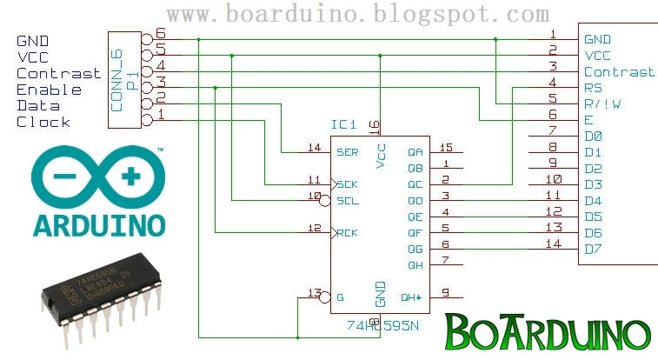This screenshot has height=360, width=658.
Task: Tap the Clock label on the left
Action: [43, 123]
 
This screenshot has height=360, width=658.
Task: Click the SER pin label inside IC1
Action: [347, 152]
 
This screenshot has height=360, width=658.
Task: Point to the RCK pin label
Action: [347, 233]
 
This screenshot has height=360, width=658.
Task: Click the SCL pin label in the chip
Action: [347, 201]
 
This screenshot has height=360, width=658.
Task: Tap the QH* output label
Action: [411, 297]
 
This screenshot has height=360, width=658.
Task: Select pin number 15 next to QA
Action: [447, 148]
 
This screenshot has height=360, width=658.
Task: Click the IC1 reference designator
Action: [345, 126]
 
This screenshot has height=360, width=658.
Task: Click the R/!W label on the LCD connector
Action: [602, 104]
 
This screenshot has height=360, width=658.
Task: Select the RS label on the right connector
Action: [593, 88]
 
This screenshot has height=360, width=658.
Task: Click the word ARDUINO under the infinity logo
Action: [98, 224]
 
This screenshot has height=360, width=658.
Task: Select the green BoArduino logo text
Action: [548, 332]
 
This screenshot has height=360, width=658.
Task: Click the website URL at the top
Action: [357, 15]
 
